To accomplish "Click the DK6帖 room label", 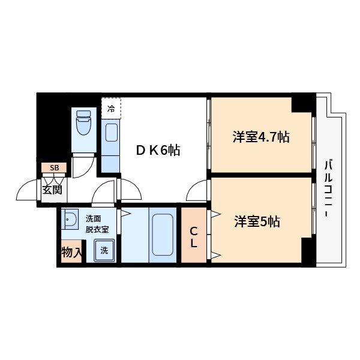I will pos(158,150).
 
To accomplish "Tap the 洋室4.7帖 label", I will pos(261,137).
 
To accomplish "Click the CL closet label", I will pos(194,236).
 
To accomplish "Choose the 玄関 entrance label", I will pos(52,190).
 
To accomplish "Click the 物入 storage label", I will pos(71,252).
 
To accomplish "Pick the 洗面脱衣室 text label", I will pos(96,223).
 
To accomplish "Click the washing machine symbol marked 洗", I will pos(104,250).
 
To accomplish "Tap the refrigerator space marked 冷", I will pos(111,109).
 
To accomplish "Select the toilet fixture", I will pos(83,125).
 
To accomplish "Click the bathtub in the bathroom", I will pos(162,235).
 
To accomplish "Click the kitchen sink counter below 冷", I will pos(112,139).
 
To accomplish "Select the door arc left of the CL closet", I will pos(197,192).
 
